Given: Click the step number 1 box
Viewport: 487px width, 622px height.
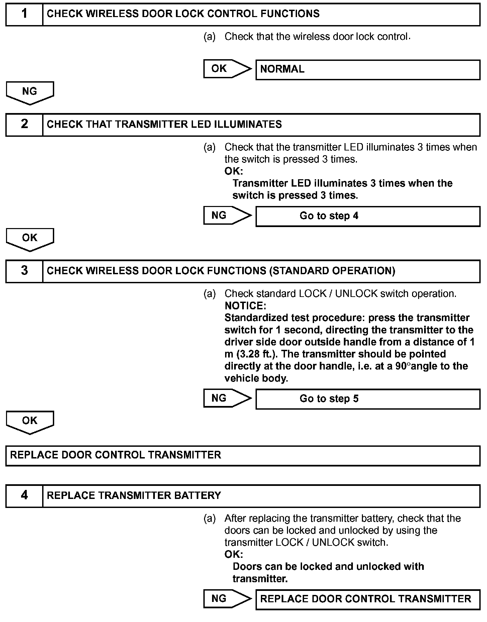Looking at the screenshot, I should (x=24, y=14).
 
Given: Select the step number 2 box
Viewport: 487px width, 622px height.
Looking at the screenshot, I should (x=24, y=124).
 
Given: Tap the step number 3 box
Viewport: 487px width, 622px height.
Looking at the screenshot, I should (x=24, y=271).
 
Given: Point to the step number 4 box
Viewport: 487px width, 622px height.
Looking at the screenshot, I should (x=24, y=496).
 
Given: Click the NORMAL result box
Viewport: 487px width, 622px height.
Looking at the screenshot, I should (x=368, y=70).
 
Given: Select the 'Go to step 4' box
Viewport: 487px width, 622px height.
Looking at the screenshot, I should (x=368, y=216).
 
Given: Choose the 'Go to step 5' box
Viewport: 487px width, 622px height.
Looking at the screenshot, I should (x=368, y=399).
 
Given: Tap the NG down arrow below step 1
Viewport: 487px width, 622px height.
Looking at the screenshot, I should (x=30, y=93).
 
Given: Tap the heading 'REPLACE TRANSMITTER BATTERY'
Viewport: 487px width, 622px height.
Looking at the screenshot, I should (x=134, y=496).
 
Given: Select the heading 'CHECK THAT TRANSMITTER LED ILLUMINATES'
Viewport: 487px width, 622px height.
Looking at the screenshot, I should (x=164, y=124).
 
